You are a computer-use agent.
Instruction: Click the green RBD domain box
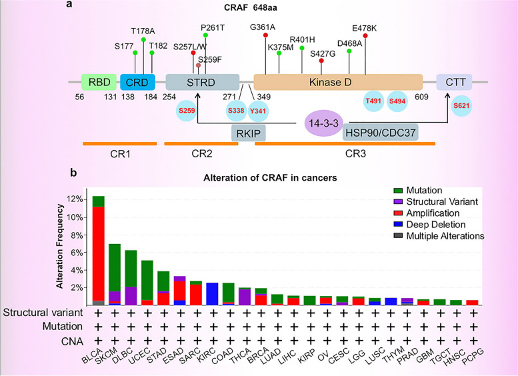coord(99,82)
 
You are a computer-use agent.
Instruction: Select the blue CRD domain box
coord(137,82)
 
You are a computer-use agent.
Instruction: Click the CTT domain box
coord(454,82)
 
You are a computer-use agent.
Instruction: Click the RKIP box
coord(249,133)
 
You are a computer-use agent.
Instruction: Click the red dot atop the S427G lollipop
coord(321,61)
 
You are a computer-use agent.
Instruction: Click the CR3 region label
coord(345,155)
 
